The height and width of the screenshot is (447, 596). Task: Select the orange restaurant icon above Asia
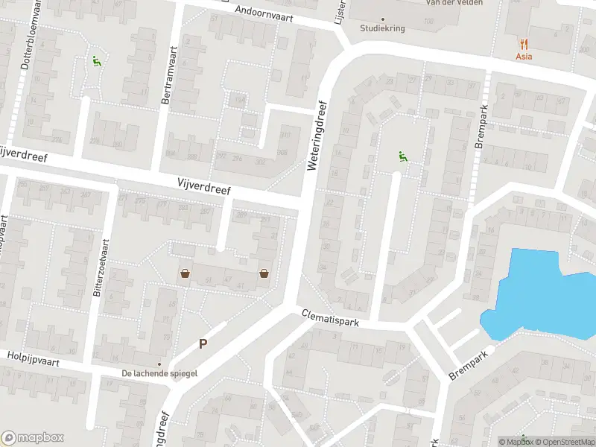point(525,43)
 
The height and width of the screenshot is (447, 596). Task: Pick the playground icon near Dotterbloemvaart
point(95,62)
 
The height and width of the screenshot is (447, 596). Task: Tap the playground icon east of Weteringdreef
point(403,156)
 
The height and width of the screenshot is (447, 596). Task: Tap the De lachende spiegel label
point(159,373)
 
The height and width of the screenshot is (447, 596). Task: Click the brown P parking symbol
point(203,344)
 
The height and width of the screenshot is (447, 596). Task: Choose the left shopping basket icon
point(184,274)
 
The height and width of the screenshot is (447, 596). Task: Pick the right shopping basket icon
point(264,273)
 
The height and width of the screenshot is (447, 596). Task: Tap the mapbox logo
point(33,438)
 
